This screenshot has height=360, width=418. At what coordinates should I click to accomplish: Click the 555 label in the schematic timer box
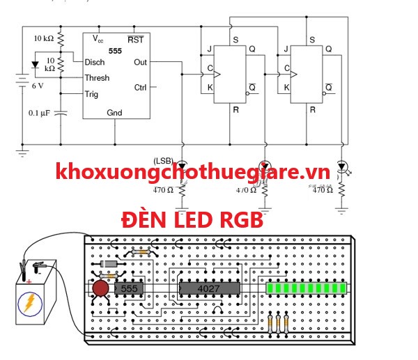point(115,52)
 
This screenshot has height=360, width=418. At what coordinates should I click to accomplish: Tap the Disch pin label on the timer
point(95,62)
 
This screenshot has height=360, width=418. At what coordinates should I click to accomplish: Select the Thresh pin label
point(97,77)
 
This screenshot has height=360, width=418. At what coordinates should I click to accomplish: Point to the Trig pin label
point(91,94)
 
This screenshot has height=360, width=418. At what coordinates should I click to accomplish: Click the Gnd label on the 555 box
point(114,113)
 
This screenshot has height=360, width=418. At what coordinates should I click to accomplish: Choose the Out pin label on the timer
point(139,62)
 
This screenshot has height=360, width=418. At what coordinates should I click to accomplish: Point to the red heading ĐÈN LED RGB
point(192,221)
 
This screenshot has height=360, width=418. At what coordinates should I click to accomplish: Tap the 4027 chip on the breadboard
point(209,288)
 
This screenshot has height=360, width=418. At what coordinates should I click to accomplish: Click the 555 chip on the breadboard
point(130,288)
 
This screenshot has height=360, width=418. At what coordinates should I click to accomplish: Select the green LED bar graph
point(305,288)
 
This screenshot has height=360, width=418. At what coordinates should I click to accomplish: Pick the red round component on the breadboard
point(100,289)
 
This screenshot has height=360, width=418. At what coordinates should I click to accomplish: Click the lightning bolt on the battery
point(31,304)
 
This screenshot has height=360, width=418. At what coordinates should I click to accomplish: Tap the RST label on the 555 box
point(135,40)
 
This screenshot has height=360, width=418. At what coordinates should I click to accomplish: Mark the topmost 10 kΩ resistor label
point(44,38)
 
